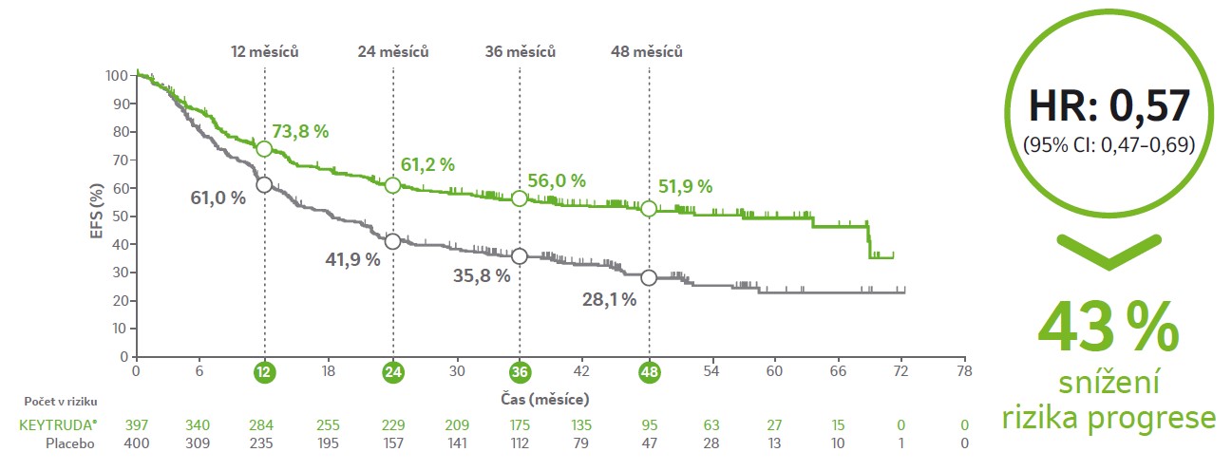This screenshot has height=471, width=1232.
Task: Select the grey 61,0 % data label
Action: point(218,198)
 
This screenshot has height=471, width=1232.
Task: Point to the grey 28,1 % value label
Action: point(609,299)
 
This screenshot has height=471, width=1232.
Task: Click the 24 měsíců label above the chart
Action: point(393,51)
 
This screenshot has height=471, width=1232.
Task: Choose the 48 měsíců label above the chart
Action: point(648,51)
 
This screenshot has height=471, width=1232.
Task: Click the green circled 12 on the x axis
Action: point(264,372)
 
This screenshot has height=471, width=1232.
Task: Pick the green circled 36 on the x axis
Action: point(520,372)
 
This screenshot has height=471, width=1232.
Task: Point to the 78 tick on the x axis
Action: point(965,372)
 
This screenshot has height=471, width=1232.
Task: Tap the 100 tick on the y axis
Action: point(117,76)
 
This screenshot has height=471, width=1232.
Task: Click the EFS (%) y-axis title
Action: point(97,215)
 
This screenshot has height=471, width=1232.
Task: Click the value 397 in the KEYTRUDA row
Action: point(137,426)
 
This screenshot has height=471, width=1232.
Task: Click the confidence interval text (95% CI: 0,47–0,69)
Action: point(1109,145)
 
